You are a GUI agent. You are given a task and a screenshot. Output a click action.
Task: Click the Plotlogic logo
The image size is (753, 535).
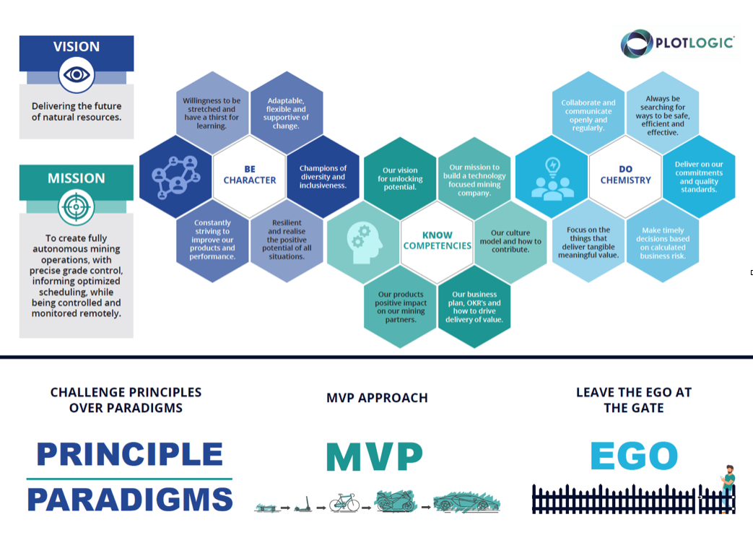click(x=677, y=43)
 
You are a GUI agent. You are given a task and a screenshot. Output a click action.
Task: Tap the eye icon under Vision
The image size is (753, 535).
click(x=77, y=75)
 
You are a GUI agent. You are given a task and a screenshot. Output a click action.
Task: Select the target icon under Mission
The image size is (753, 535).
click(x=76, y=207)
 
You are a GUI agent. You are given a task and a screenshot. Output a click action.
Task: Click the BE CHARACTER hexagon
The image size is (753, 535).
click(x=250, y=175)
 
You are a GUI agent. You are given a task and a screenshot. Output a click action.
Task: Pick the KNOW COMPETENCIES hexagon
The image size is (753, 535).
click(x=437, y=240)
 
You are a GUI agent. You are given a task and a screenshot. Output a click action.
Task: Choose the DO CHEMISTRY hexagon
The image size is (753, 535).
click(x=625, y=175)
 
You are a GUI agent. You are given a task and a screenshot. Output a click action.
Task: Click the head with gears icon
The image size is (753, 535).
click(x=365, y=243)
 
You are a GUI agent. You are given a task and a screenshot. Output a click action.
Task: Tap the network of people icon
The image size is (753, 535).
click(x=175, y=177)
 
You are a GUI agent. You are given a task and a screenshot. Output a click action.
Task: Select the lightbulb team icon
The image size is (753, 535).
click(x=552, y=179)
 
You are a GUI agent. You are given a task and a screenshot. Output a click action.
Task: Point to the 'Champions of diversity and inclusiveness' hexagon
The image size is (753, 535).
click(x=323, y=177)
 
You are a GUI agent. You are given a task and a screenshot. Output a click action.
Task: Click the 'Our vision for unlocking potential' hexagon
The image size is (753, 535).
click(x=400, y=178)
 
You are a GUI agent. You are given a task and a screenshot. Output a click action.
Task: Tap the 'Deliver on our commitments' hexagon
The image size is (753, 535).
click(x=699, y=177)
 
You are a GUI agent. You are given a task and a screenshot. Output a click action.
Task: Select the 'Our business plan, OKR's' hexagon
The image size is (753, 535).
click(x=474, y=307)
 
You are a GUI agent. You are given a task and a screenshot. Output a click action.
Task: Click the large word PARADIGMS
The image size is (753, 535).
click(x=130, y=500)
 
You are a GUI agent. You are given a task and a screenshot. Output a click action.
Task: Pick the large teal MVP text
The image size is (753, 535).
click(x=375, y=457)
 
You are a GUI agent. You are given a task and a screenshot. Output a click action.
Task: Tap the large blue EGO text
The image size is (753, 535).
click(x=634, y=456)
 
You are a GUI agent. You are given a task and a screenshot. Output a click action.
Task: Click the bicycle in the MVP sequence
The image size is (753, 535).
click(x=344, y=503)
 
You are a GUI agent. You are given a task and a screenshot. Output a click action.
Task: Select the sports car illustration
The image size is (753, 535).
click(x=467, y=502)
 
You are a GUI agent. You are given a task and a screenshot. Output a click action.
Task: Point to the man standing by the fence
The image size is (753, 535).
click(x=728, y=488)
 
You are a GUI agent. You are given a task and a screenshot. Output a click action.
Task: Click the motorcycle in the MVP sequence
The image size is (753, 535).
click(x=395, y=501)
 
